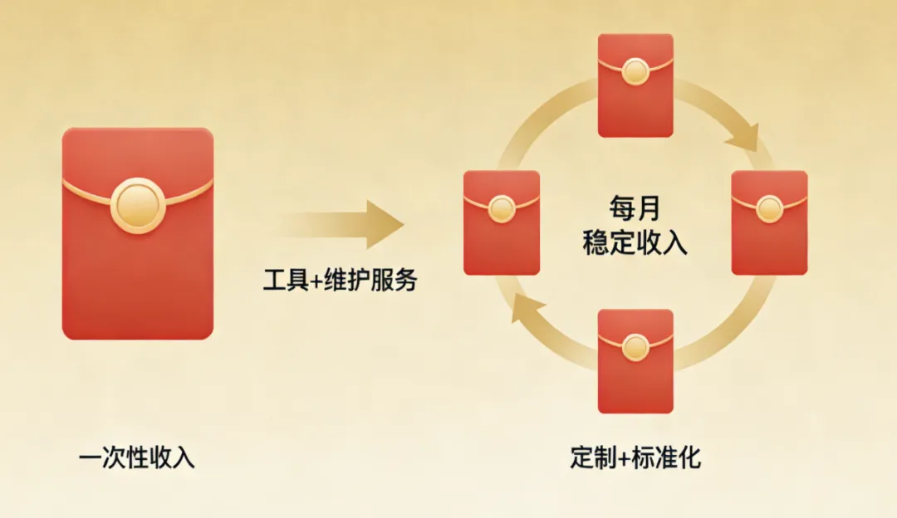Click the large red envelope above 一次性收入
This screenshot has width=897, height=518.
(138, 249)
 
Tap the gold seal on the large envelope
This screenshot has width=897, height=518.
(138, 205)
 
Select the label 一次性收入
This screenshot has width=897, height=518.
(137, 457)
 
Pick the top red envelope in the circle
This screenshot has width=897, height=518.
(635, 85)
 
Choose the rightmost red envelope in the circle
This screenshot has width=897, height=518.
(769, 222)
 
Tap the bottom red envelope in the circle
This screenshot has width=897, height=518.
(635, 360)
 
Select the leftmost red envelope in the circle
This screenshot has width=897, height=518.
(502, 222)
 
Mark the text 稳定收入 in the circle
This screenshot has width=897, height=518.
(635, 244)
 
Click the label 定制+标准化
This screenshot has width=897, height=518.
(635, 457)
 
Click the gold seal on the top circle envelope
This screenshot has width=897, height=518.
(635, 71)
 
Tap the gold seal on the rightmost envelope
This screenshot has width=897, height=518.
(769, 208)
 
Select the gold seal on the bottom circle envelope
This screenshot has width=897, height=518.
(635, 347)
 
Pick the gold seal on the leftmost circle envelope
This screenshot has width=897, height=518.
(502, 208)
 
